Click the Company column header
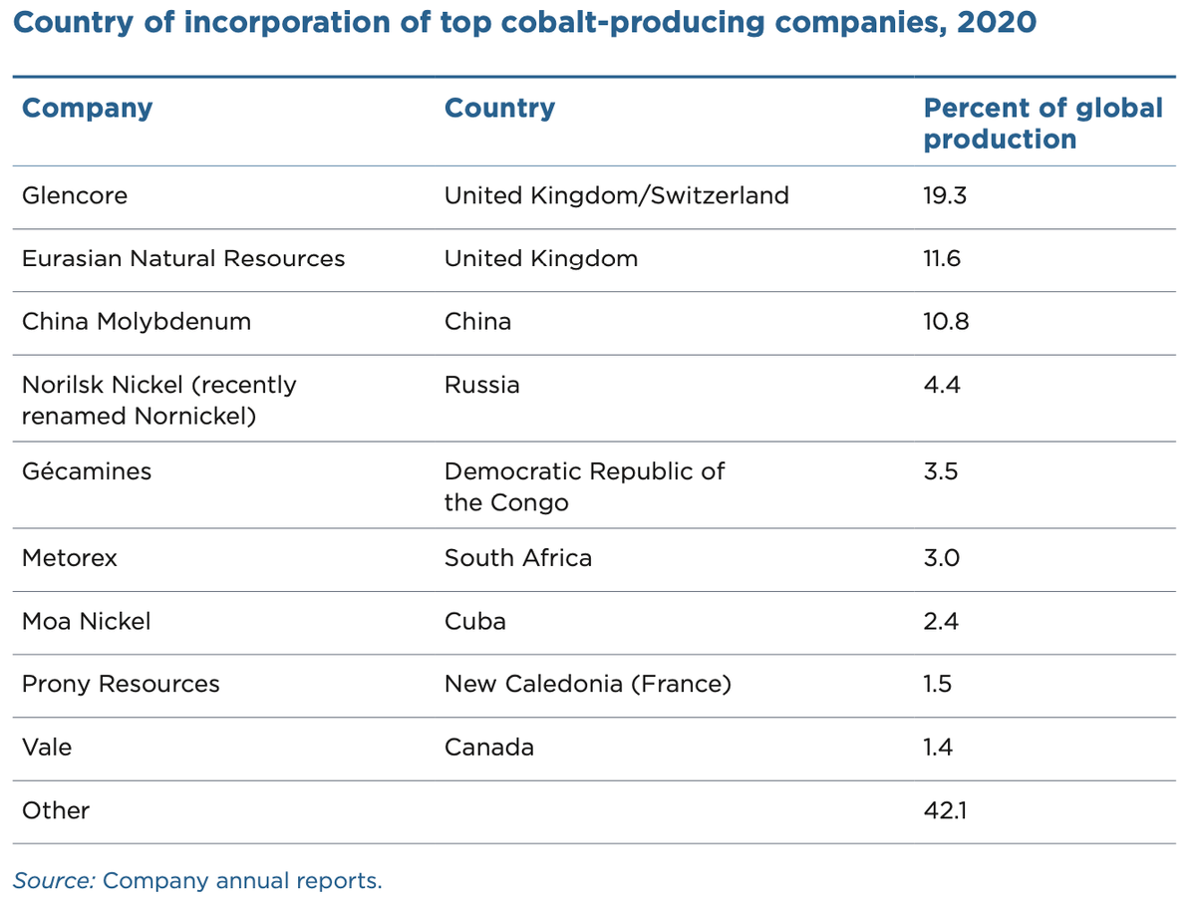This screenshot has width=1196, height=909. [x=88, y=108]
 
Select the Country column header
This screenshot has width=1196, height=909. [x=499, y=108]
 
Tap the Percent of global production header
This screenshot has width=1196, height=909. [x=1043, y=123]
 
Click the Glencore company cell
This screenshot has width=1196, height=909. [x=75, y=195]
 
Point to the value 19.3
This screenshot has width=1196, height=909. [x=945, y=195]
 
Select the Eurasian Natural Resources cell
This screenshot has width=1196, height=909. [x=183, y=258]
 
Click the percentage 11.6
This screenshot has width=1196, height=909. [x=943, y=258]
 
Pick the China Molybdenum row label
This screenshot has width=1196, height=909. [x=137, y=321]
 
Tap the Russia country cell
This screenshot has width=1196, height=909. [x=481, y=385]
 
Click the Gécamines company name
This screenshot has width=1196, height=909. [x=87, y=470]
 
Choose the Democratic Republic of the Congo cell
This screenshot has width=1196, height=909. [x=584, y=485]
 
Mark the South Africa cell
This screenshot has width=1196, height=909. [x=517, y=557]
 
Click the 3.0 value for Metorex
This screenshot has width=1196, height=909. [x=942, y=557]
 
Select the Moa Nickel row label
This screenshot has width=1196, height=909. [x=87, y=621]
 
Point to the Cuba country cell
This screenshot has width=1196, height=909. [x=474, y=621]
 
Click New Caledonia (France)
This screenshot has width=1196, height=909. [x=587, y=684]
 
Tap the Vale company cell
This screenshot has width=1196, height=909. [x=47, y=747]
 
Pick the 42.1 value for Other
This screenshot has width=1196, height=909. [x=945, y=810]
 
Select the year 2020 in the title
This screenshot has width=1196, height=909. [x=996, y=22]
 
